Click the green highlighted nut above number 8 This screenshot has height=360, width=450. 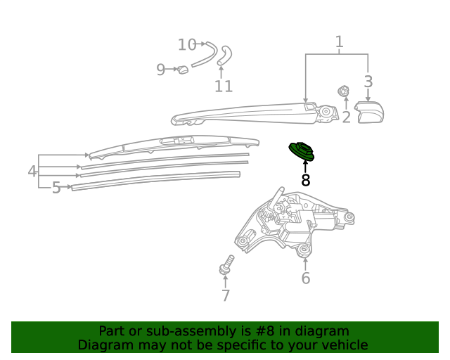[x=302, y=151]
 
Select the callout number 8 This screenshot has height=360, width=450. [x=306, y=180]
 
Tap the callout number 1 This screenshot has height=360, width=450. [x=339, y=42]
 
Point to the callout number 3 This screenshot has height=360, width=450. [x=368, y=82]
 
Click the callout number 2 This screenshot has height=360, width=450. [x=347, y=117]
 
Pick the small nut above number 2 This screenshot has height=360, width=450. [x=343, y=91]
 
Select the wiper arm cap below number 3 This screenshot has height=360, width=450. [x=369, y=112]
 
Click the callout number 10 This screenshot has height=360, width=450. [x=187, y=45]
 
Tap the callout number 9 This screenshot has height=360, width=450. [x=161, y=70]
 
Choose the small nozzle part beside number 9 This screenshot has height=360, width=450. [x=182, y=70]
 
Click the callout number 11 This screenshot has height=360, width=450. [x=224, y=86]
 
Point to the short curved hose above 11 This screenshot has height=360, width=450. [x=224, y=55]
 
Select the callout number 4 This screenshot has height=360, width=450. [x=32, y=171]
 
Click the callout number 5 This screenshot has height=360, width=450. [x=56, y=188]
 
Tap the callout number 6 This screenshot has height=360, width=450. [x=306, y=278]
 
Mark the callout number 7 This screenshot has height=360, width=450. [x=226, y=295]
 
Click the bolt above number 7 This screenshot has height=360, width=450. [x=226, y=264]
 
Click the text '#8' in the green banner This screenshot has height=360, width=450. [x=264, y=331]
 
